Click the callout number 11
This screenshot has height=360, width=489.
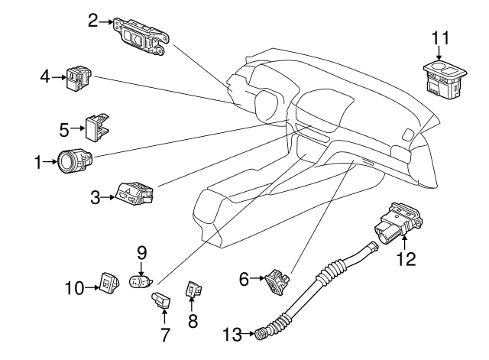pos(439,37)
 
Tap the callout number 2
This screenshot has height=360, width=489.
pos(93,21)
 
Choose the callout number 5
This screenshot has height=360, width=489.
pos(66,127)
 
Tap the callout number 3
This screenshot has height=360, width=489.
pos(96,198)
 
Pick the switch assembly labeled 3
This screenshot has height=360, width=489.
pos(135,194)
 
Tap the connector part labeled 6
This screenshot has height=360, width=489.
pos(277,283)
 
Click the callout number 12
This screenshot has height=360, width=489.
pos(406,259)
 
